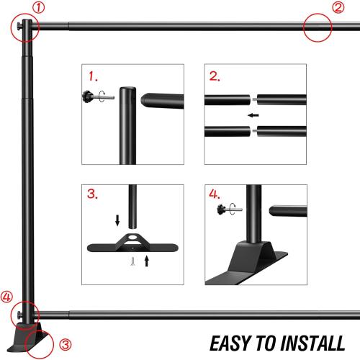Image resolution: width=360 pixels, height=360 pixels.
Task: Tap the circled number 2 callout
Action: tap(338, 8)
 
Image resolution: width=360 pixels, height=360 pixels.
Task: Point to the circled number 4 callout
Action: tap(6, 296)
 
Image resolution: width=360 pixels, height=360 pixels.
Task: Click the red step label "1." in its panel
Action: tap(91, 76)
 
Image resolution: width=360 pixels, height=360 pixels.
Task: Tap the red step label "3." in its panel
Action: tap(92, 195)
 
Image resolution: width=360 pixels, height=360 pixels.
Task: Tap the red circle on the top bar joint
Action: tap(316, 29)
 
